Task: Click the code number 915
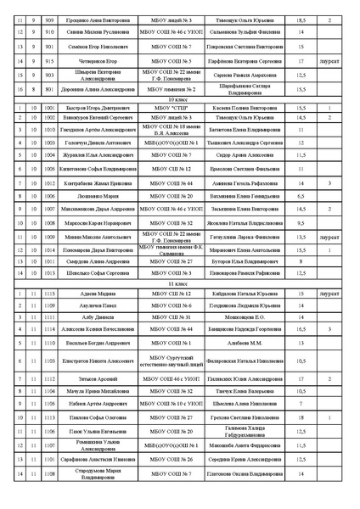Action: pyautogui.click(x=49, y=61)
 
